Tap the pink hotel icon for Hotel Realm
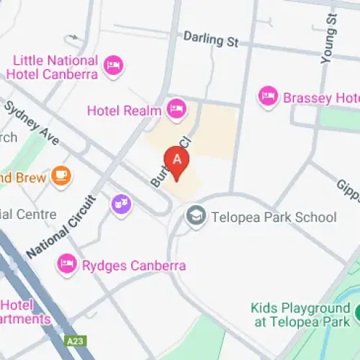(175, 110)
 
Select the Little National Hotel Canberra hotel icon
(113, 66)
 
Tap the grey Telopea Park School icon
(194, 216)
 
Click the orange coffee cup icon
(61, 176)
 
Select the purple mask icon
(120, 204)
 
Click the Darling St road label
(210, 39)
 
